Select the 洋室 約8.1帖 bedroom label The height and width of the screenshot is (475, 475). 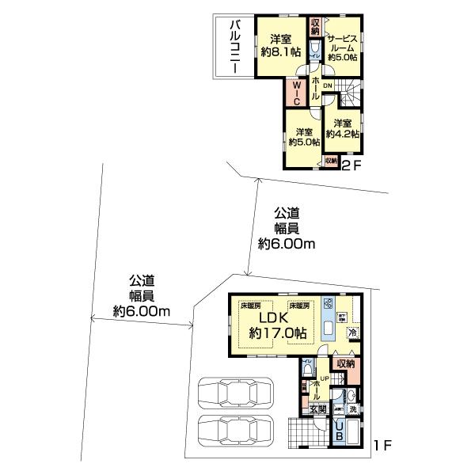(282, 46)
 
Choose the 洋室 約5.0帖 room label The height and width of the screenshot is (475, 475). (304, 137)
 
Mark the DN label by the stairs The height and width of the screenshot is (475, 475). (327, 87)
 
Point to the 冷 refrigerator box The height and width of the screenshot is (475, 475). (352, 332)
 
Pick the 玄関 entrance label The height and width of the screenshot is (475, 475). (317, 409)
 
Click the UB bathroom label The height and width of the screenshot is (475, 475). (340, 431)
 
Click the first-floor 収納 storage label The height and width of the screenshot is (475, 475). (344, 363)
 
